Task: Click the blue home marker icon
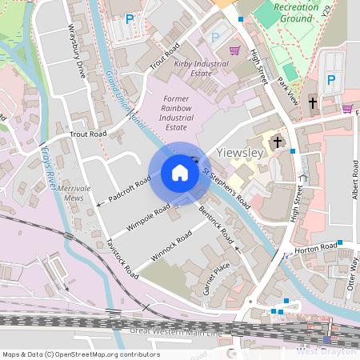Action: pos(180,173)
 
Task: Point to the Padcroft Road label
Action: pos(124,192)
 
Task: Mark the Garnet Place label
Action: pos(216,277)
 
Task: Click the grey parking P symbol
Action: pos(214,37)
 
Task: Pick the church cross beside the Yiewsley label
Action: pos(278,142)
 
